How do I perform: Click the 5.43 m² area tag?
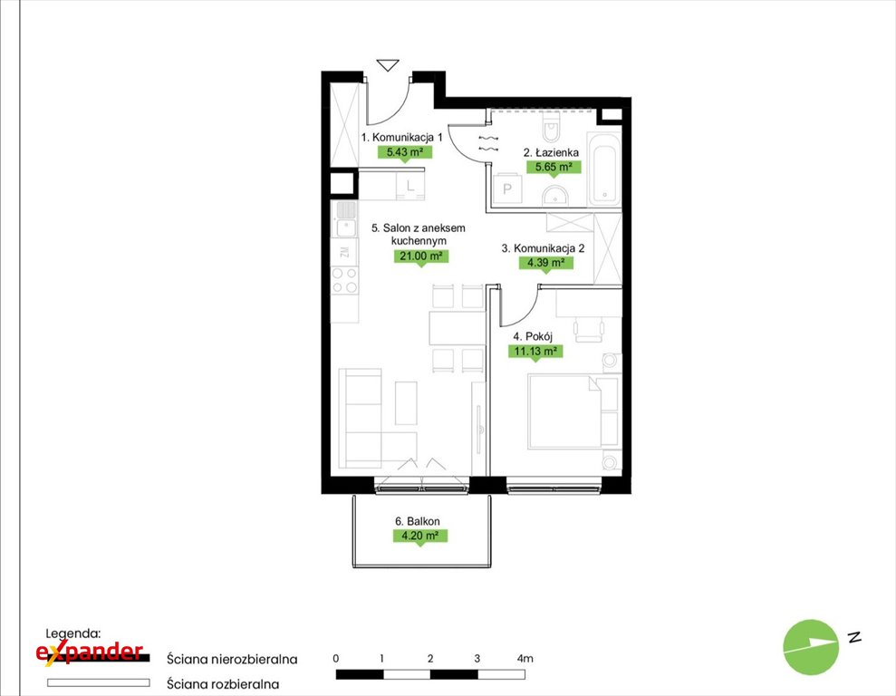[405, 152]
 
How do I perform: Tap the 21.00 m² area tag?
[421, 256]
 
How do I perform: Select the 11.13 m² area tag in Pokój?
[535, 351]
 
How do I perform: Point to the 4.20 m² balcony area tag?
[420, 536]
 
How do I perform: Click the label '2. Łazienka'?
[551, 152]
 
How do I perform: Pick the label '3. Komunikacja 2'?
[543, 248]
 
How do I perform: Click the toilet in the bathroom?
[552, 126]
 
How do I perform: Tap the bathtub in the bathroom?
[604, 169]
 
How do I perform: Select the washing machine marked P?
[506, 188]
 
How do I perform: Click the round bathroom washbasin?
[554, 195]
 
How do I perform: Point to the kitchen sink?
[345, 219]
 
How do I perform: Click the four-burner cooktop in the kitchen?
[345, 281]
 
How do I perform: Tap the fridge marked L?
[410, 186]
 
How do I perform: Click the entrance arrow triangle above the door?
[388, 66]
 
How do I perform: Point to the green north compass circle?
[811, 647]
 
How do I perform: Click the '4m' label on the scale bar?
[525, 658]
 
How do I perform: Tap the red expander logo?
[90, 652]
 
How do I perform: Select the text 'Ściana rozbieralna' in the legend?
[223, 683]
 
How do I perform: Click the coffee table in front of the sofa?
[406, 403]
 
